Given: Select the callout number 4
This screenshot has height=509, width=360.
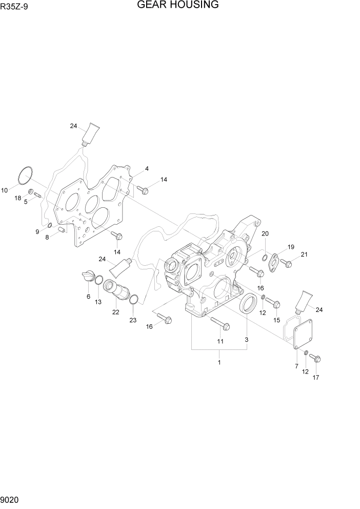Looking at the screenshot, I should point(147,169).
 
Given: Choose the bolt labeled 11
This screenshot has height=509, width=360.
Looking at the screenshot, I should point(220,323).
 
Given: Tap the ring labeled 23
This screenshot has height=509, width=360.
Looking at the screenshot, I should point(133,300).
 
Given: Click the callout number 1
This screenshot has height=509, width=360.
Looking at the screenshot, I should point(219,362).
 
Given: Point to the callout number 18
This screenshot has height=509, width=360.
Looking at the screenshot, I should point(17,198).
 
